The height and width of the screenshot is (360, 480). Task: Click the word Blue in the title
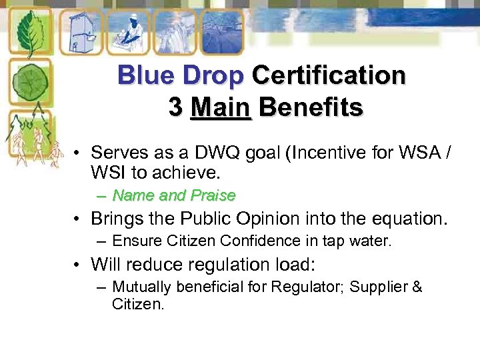[x=143, y=75]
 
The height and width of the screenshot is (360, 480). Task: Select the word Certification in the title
[x=328, y=75]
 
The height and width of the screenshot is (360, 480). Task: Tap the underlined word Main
[x=220, y=107]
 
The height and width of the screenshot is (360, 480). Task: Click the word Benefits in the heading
[x=311, y=107]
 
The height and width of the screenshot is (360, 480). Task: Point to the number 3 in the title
[x=175, y=107]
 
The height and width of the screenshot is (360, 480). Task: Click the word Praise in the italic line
[x=213, y=195]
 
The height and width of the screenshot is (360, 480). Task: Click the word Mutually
[x=141, y=287]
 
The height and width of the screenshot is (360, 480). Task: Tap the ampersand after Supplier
[x=417, y=287]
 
